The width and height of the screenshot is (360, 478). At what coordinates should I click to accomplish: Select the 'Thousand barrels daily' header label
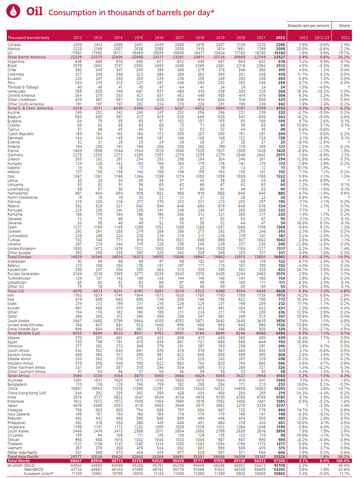click(28, 37)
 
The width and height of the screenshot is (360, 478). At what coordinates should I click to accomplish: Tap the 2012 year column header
click(77, 37)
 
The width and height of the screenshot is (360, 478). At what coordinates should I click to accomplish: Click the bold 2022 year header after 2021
click(281, 37)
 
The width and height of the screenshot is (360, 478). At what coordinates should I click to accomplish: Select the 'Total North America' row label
click(26, 56)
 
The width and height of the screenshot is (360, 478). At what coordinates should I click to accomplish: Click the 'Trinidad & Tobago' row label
click(24, 87)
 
